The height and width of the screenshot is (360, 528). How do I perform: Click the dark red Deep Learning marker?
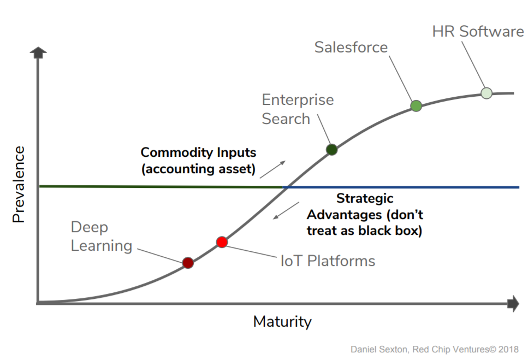[188, 263]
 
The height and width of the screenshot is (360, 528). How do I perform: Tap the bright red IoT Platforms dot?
[222, 242]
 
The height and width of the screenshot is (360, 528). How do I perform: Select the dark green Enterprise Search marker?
[331, 150]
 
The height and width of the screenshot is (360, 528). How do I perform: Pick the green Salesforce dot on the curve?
[416, 106]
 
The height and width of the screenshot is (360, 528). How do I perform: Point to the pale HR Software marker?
[487, 93]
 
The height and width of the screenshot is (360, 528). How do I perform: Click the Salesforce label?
[351, 47]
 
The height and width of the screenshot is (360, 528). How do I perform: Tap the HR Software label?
[478, 31]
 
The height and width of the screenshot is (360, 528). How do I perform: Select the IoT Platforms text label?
[328, 261]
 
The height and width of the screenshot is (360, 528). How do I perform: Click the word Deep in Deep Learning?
[89, 228]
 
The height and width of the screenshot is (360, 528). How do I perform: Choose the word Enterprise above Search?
[298, 100]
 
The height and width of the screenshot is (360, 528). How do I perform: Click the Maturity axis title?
[282, 322]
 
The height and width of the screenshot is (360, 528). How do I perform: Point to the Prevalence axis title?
[19, 184]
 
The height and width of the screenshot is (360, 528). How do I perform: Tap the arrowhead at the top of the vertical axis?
[38, 52]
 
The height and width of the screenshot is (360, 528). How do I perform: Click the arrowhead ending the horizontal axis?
[513, 303]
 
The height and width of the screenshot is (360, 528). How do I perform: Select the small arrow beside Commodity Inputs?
[273, 169]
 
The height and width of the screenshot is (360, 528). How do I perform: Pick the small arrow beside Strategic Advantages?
[286, 210]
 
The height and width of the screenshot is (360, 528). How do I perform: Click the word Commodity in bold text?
[176, 152]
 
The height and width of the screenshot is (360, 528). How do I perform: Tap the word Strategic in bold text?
[365, 199]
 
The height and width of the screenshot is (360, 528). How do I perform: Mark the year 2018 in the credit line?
[508, 349]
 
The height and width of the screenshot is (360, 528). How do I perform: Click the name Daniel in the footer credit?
[363, 349]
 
